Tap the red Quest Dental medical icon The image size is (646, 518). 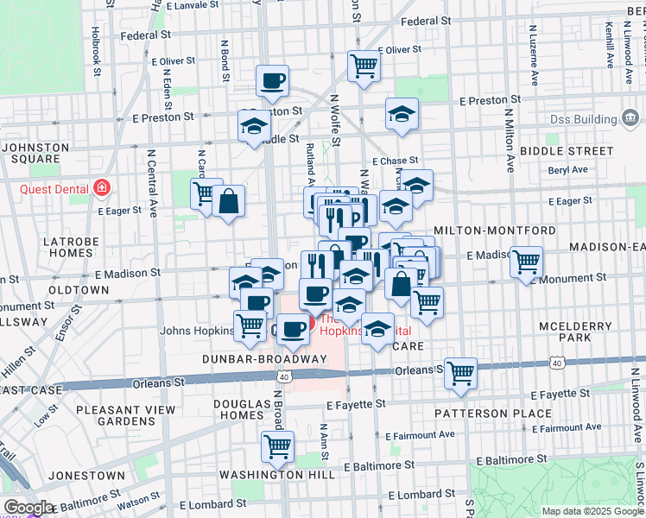[103, 186]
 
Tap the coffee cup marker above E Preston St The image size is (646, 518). [273, 81]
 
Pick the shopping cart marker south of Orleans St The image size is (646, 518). [461, 373]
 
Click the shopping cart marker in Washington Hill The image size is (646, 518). [278, 447]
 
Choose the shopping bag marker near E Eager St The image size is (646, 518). [229, 201]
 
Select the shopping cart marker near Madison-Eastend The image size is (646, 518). [526, 261]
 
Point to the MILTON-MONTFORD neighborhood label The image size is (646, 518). [495, 231]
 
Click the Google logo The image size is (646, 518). [28, 508]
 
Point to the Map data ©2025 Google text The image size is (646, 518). [592, 511]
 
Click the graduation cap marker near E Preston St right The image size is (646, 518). [402, 115]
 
